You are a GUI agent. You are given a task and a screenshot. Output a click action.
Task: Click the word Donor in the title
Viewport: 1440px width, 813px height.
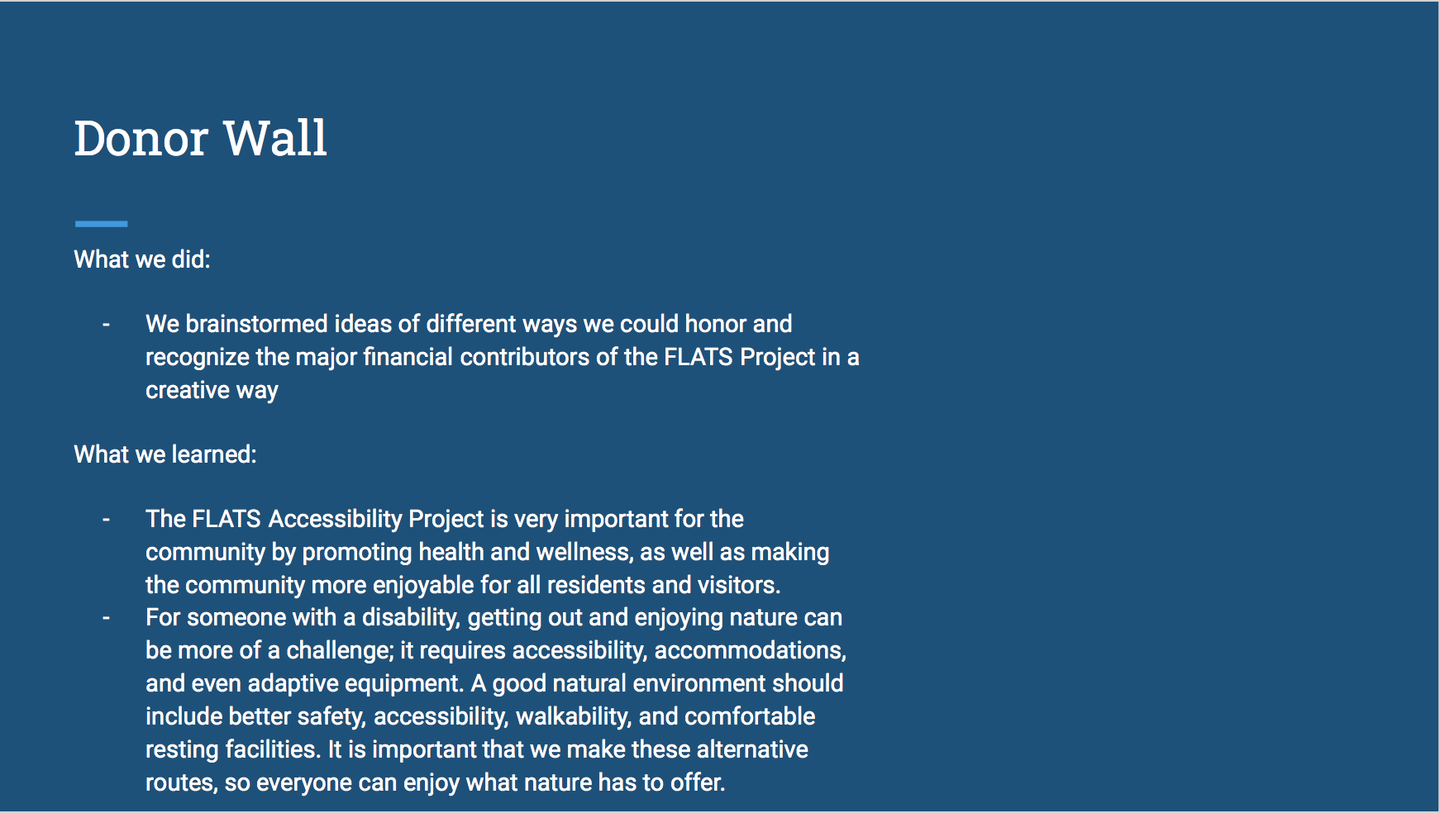click(x=141, y=138)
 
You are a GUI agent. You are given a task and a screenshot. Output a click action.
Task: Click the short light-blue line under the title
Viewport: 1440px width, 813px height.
click(x=101, y=223)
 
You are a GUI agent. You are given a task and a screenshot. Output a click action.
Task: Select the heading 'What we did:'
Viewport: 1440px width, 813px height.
click(x=142, y=259)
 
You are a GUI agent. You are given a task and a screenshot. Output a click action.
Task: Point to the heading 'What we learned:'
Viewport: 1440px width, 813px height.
click(x=165, y=454)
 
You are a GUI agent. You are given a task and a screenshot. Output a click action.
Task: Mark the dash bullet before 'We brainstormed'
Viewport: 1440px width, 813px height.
click(x=106, y=325)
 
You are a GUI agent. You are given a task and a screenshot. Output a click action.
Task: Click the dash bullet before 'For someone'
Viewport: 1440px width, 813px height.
click(x=106, y=618)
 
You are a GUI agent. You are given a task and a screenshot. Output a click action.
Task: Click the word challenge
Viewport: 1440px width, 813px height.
click(x=340, y=650)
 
